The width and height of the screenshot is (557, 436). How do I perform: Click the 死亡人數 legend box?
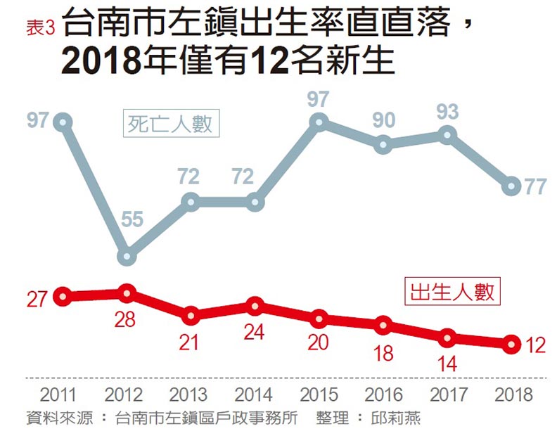169,124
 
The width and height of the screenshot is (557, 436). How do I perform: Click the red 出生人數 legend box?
452,290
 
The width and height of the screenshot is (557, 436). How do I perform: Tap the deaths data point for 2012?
127,257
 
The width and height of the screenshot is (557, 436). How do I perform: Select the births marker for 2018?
511,344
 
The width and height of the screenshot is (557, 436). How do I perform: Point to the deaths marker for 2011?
63,122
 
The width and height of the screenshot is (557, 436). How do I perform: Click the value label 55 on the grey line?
132,220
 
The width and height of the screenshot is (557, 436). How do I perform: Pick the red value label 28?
127,319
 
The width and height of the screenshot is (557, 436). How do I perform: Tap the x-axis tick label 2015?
319,393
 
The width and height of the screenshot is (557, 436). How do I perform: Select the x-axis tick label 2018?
514,393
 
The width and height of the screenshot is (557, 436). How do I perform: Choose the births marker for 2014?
255,306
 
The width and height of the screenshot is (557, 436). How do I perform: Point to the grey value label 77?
536,187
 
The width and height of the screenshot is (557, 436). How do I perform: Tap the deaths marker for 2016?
383,145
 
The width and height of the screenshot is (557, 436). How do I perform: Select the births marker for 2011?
63,297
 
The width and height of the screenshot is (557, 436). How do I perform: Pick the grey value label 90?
383,120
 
